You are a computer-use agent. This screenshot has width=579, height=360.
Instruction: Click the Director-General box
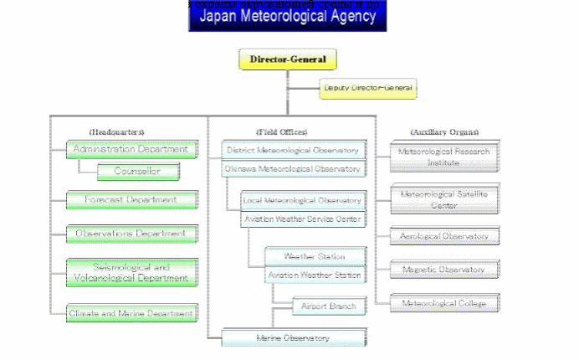(288, 59)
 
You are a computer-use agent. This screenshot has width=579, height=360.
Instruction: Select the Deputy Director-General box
(368, 88)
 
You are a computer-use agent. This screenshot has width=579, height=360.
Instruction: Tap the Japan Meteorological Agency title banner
(287, 17)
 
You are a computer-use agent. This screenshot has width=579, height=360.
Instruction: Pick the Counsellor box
(140, 172)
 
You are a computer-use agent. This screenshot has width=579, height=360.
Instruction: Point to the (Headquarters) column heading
(117, 131)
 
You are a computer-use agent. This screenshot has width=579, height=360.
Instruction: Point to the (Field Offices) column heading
(282, 131)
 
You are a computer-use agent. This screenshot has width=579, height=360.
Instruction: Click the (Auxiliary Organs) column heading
(444, 131)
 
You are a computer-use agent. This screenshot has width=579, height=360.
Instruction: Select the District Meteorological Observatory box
(294, 150)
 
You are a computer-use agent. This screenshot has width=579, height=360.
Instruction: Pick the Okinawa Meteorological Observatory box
(294, 168)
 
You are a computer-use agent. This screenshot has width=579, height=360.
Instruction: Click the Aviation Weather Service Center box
(303, 219)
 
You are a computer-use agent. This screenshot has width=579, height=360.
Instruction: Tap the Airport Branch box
(329, 306)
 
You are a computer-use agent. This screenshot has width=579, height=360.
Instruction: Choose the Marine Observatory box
(294, 337)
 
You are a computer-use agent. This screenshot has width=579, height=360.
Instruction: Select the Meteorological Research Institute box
(444, 157)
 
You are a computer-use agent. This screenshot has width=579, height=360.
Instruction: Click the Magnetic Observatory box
(444, 270)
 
